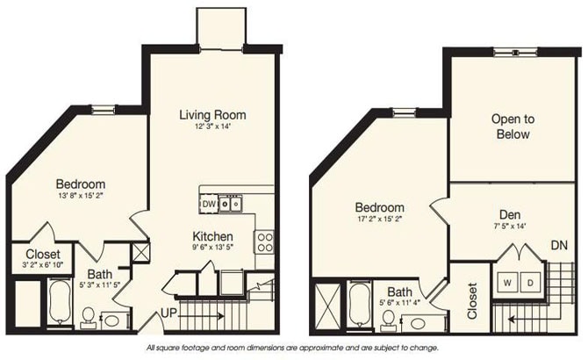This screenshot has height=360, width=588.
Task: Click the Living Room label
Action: (x=212, y=114)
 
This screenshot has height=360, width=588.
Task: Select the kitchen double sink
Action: (x=231, y=204)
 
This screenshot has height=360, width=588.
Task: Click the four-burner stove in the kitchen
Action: (x=263, y=241)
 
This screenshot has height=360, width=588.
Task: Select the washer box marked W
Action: (x=507, y=283)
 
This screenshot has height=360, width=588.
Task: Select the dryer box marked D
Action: (x=532, y=283)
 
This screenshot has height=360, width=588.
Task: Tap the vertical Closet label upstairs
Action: (x=472, y=300)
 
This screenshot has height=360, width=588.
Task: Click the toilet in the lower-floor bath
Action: (x=89, y=318)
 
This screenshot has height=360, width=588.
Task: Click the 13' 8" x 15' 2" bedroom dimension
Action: (x=81, y=198)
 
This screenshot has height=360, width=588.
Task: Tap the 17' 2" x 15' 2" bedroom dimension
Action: (x=379, y=220)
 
